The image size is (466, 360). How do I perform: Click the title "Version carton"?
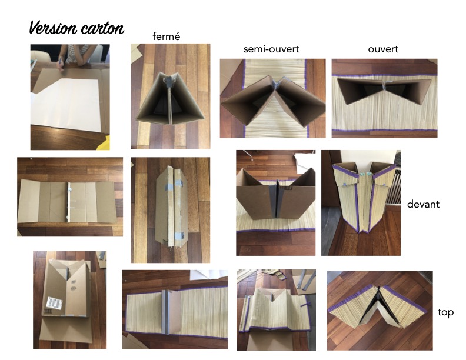[76, 28]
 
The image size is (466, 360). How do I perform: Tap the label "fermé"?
[166, 36]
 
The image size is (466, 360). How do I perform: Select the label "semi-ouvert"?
[271, 49]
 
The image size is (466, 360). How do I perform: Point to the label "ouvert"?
[384, 49]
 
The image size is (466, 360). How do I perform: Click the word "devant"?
[423, 205]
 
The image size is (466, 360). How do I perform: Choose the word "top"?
[445, 312]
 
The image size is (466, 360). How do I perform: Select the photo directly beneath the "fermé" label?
[170, 96]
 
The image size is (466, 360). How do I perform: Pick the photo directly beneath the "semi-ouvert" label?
[272, 98]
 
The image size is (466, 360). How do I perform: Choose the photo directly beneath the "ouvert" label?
[384, 98]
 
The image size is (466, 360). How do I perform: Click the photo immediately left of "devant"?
[361, 203]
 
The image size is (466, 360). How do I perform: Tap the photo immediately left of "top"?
[380, 308]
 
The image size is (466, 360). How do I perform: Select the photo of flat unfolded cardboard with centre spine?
[70, 197]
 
